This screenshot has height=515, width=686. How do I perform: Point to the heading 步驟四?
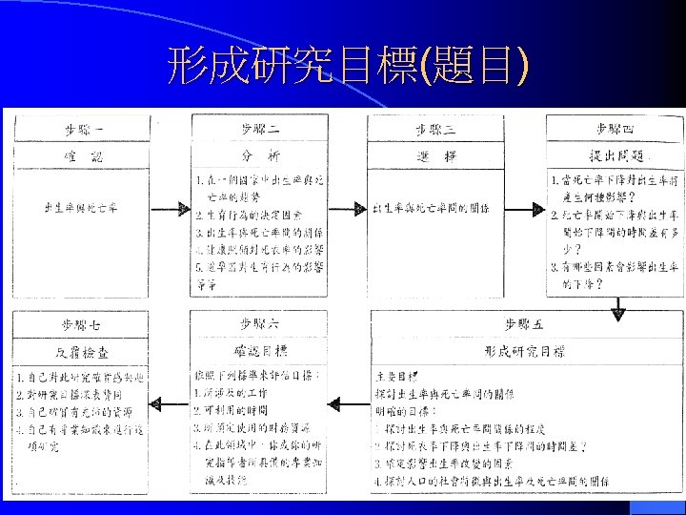615,128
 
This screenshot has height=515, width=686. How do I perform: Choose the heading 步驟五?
525,324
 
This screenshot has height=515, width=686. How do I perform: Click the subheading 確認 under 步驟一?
84,155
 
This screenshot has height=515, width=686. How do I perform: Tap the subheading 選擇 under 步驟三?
435,155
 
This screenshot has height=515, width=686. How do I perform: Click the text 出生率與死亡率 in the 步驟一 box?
81,207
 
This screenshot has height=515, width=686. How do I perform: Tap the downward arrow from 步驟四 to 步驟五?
616,306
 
